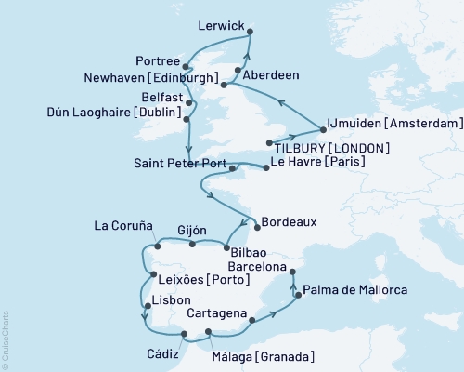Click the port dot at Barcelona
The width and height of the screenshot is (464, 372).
coord(292,272)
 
